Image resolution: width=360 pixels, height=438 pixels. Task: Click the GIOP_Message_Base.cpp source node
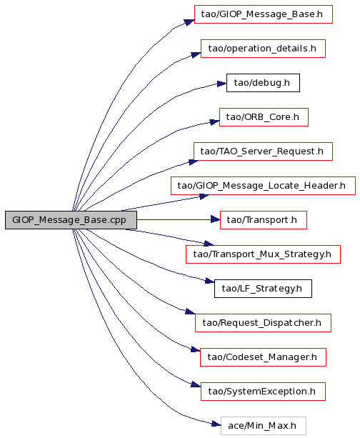pyautogui.click(x=71, y=220)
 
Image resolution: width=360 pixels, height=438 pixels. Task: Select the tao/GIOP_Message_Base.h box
pyautogui.click(x=264, y=14)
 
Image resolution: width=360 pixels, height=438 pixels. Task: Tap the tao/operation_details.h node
pyautogui.click(x=263, y=49)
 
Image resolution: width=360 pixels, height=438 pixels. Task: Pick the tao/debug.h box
pyautogui.click(x=263, y=83)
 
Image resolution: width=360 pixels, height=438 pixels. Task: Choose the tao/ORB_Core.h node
pyautogui.click(x=264, y=117)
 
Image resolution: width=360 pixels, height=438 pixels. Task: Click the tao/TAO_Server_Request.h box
pyautogui.click(x=263, y=151)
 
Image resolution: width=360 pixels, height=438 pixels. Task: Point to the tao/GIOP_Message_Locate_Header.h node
pyautogui.click(x=263, y=186)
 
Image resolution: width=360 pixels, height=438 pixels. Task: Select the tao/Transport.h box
pyautogui.click(x=264, y=220)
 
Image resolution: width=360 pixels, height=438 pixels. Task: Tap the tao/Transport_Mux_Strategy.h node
pyautogui.click(x=263, y=254)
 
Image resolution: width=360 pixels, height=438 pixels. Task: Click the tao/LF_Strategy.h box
pyautogui.click(x=263, y=289)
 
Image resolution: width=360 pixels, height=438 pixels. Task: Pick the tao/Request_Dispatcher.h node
pyautogui.click(x=263, y=323)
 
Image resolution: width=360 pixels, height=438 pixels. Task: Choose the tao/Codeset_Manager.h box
pyautogui.click(x=263, y=357)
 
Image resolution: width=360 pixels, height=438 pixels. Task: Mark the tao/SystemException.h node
pyautogui.click(x=263, y=392)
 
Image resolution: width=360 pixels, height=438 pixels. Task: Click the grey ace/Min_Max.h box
pyautogui.click(x=264, y=426)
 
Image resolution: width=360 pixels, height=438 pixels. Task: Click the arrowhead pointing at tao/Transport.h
pyautogui.click(x=215, y=220)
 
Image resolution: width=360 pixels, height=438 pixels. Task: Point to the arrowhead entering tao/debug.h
pyautogui.click(x=221, y=84)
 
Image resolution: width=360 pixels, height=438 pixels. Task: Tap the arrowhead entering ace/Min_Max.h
pyautogui.click(x=216, y=424)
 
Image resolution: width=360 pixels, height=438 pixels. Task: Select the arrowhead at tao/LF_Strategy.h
pyautogui.click(x=210, y=281)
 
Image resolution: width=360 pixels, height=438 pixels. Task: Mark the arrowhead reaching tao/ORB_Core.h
pyautogui.click(x=214, y=121)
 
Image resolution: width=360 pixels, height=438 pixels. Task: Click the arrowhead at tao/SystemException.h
pyautogui.click(x=196, y=384)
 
